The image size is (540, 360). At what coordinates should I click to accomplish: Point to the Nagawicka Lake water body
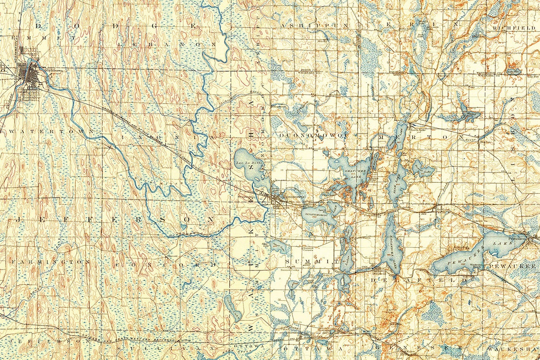[x=391, y=247]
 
